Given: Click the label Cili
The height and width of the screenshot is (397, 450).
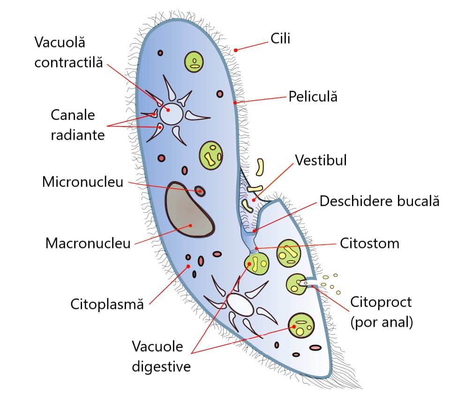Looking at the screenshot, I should [280, 38].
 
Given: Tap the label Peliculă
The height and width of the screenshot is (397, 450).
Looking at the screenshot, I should [313, 97].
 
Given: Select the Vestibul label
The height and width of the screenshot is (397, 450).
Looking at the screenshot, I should [321, 161].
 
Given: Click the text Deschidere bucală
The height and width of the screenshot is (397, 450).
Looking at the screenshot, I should [379, 202].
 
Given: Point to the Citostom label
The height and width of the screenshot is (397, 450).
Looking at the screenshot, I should [369, 243].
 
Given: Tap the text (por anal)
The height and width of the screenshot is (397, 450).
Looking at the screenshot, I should [382, 323].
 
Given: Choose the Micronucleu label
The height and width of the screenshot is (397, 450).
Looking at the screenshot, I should [82, 181].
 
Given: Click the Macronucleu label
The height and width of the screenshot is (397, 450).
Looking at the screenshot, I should [88, 243].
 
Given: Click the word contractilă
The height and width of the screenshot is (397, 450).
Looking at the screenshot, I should [68, 61].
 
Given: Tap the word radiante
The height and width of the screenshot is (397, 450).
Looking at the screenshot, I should [77, 135].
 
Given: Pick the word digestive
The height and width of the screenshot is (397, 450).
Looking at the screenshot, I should [161, 366].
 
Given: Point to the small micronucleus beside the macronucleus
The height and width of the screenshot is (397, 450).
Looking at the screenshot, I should [201, 191].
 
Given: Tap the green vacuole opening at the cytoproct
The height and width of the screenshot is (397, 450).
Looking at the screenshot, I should [296, 283].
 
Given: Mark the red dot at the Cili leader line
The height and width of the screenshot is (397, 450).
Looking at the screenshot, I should [236, 50].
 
